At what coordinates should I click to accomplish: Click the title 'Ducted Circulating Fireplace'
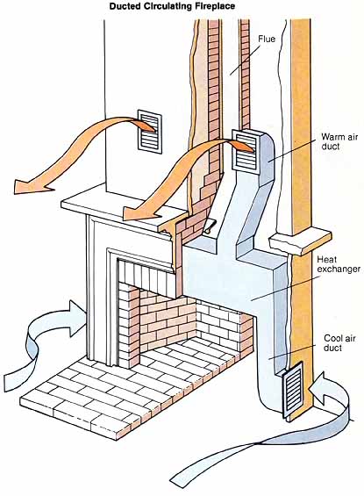coord(172,6)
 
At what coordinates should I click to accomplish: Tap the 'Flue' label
coord(267,39)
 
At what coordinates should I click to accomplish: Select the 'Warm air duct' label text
coord(339,141)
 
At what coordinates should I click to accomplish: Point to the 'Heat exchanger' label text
coord(339,264)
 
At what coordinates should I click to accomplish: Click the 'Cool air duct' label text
coord(339,343)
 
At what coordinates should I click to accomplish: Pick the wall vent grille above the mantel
coord(150,132)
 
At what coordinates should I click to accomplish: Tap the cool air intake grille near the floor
coord(293,392)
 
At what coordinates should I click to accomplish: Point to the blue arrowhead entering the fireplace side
coord(75,317)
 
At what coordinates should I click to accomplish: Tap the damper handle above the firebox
coord(209,227)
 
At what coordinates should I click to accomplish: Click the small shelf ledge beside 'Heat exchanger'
coord(300,241)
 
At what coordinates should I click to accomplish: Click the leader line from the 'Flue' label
coord(245,60)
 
